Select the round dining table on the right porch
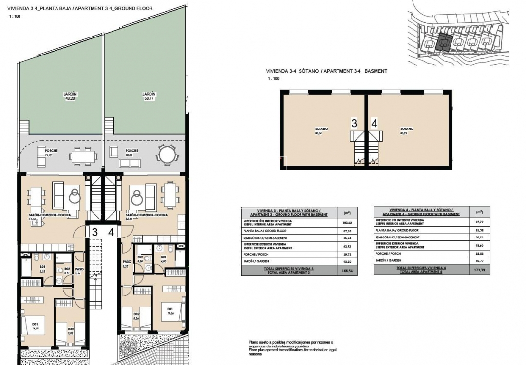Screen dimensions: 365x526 [167, 155]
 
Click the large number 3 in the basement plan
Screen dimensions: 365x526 [355, 124]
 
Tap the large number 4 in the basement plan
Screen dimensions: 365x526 [374, 124]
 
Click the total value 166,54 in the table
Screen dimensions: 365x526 [347, 271]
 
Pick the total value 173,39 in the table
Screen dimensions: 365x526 [480, 271]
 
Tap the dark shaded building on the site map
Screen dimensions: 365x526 [444, 43]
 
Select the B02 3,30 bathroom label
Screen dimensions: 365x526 [140, 259]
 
